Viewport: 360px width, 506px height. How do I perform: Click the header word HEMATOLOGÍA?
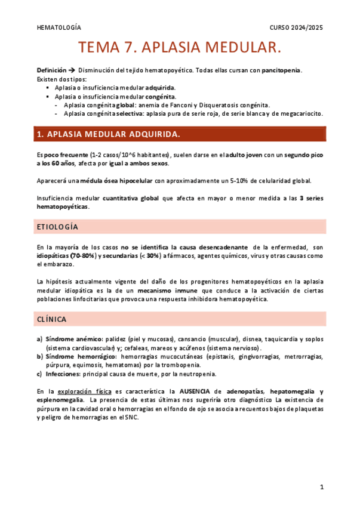[x=59, y=27]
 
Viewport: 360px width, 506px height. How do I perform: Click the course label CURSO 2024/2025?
[x=296, y=27]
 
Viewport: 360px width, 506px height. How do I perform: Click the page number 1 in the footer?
[x=322, y=487]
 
